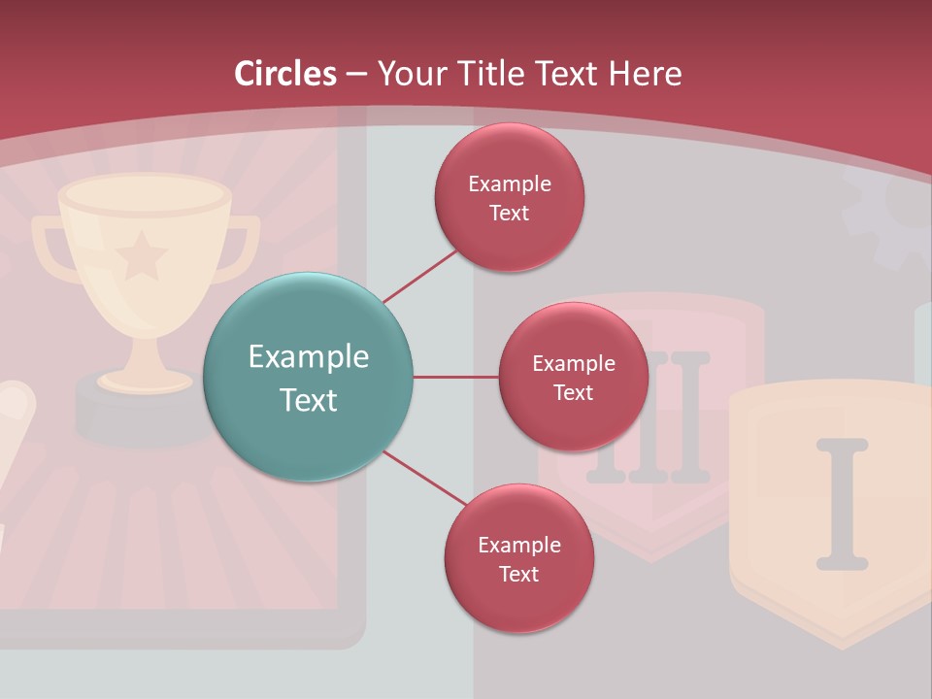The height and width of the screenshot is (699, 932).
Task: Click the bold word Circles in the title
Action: pyautogui.click(x=285, y=74)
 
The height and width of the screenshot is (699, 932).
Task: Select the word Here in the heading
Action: pyautogui.click(x=646, y=74)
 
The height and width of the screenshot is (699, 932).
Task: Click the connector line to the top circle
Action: pyautogui.click(x=418, y=276)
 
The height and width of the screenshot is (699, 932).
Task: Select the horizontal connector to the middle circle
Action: pyautogui.click(x=455, y=377)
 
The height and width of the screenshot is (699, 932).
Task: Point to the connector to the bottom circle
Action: pyautogui.click(x=424, y=478)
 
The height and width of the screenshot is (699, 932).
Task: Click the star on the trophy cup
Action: pyautogui.click(x=142, y=254)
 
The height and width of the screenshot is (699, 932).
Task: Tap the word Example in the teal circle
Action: pyautogui.click(x=309, y=357)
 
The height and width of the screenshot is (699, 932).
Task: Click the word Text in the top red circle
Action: pyautogui.click(x=509, y=214)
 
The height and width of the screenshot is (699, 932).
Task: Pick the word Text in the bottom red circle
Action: pyautogui.click(x=518, y=575)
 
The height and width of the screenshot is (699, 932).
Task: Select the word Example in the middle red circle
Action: pyautogui.click(x=573, y=364)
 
